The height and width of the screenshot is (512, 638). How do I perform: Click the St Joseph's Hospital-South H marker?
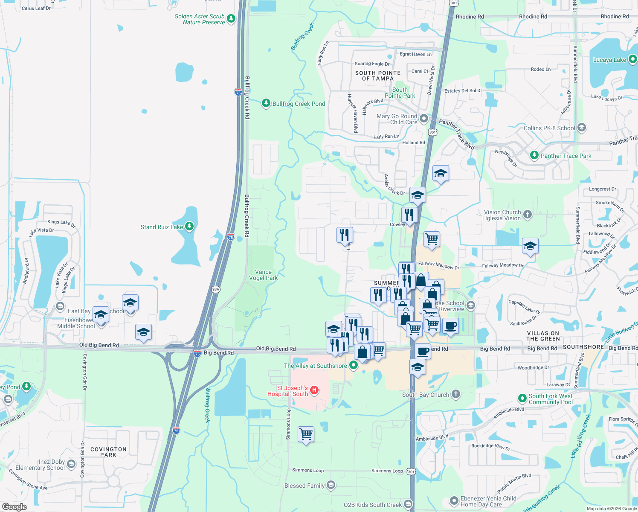click(x=314, y=390)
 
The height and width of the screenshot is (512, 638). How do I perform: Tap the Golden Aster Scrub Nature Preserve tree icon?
click(x=231, y=18)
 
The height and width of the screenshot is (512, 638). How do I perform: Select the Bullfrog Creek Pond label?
click(x=299, y=104)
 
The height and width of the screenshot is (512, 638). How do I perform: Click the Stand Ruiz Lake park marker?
click(x=189, y=227)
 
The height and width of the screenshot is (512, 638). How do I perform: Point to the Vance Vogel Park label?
click(x=263, y=275)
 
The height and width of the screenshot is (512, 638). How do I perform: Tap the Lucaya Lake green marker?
click(x=632, y=60)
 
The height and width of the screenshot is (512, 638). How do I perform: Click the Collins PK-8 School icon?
click(x=582, y=128)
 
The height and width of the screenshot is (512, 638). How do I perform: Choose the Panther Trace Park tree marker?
click(x=534, y=155)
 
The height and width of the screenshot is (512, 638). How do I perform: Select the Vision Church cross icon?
click(x=528, y=214)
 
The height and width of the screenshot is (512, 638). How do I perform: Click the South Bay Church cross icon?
click(x=456, y=394)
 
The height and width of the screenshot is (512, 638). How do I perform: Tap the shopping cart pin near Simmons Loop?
click(x=306, y=434)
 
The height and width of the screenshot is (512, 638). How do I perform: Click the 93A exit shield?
click(x=215, y=289)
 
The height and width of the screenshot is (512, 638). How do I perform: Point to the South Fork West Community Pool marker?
click(x=522, y=399)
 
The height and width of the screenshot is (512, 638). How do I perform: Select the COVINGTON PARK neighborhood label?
click(x=108, y=452)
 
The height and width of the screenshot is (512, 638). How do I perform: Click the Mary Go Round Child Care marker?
click(x=423, y=119)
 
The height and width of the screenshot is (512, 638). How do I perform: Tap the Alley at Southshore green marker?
click(x=354, y=365)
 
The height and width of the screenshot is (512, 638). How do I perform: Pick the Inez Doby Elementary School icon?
click(x=71, y=464)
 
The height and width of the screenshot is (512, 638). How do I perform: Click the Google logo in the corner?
click(x=14, y=506)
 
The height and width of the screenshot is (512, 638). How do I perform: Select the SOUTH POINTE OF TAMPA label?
click(x=378, y=76)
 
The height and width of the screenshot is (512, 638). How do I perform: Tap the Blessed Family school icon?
click(x=331, y=485)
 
